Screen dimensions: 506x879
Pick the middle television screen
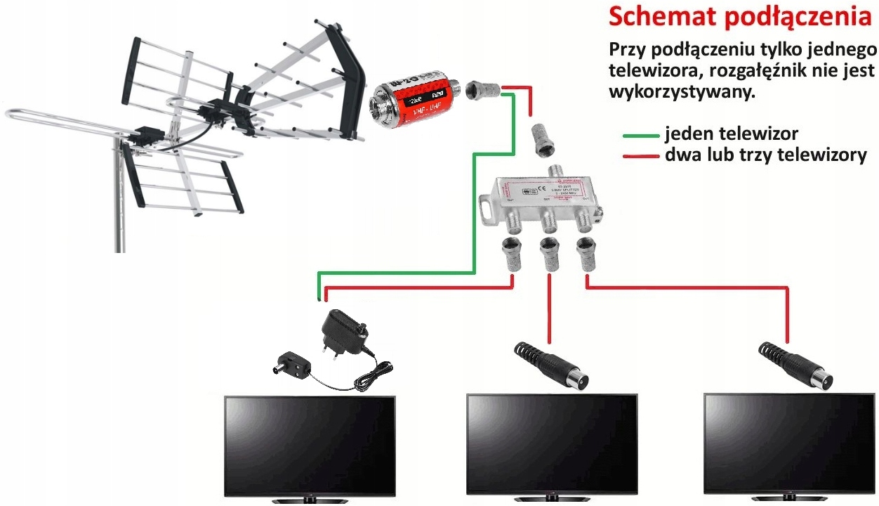click(x=552, y=443)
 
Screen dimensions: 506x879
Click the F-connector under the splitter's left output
click(x=511, y=254)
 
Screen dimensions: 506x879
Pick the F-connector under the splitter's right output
click(x=585, y=254)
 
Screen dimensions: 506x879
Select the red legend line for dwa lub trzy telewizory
click(x=640, y=155)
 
